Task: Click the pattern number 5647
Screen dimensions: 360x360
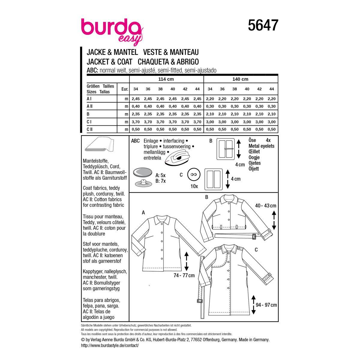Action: [263, 25]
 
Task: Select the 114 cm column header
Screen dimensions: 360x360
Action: [166, 79]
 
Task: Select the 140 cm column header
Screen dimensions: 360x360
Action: [240, 79]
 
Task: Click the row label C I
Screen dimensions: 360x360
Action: [89, 121]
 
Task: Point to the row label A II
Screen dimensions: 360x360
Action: [90, 106]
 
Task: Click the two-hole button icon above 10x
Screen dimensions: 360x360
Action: [194, 174]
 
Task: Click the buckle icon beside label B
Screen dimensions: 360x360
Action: [226, 149]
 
